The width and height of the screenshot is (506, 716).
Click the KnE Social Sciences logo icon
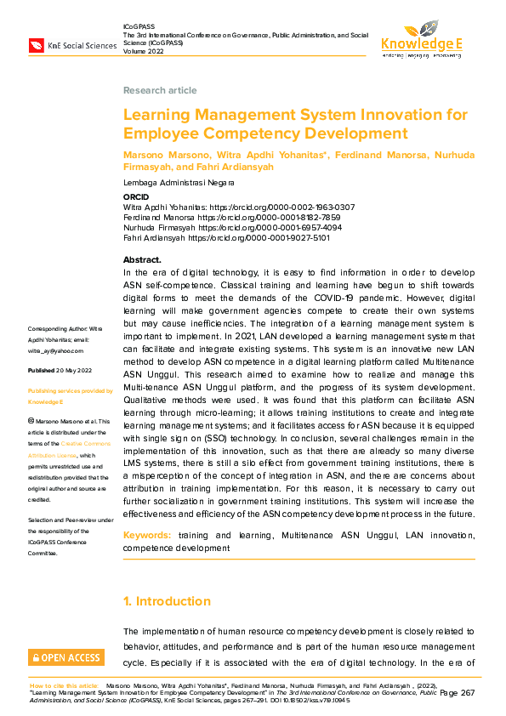(x=38, y=45)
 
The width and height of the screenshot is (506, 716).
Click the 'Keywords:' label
(x=147, y=536)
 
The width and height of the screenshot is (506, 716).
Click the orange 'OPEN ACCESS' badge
(x=66, y=657)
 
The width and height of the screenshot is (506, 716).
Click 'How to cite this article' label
(x=65, y=685)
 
